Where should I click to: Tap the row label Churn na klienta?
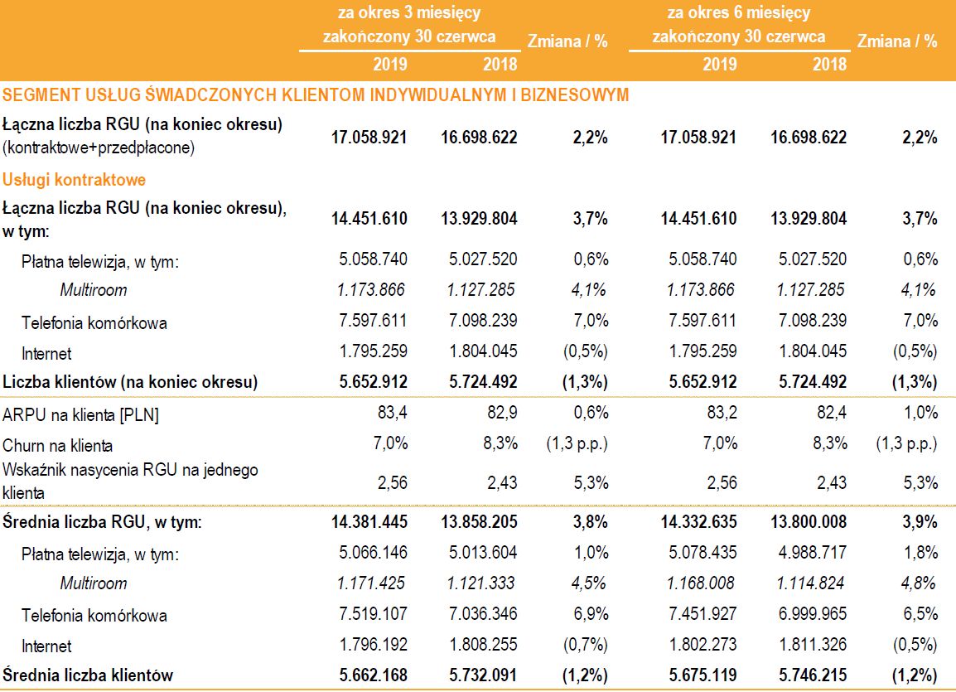click(58, 446)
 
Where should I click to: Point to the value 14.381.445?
click(369, 522)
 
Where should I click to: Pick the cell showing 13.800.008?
click(809, 522)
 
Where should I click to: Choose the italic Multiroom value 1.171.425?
click(372, 583)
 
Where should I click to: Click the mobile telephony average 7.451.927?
click(702, 615)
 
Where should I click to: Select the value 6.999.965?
click(812, 615)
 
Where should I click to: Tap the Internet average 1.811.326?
click(812, 646)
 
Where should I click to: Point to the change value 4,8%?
click(919, 583)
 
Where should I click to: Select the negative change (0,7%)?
click(585, 646)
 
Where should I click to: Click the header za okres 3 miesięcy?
click(409, 13)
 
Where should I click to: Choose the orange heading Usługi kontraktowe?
click(75, 179)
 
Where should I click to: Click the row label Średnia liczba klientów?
click(88, 675)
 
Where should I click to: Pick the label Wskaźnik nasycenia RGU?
click(130, 471)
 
